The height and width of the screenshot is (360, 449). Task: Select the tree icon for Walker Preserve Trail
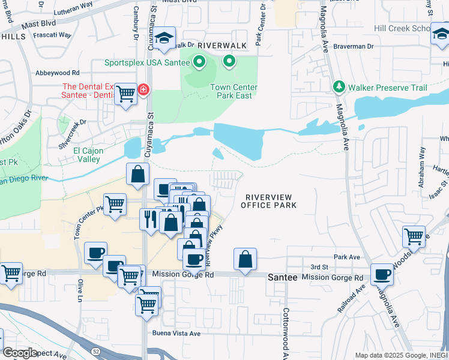tap(339, 88)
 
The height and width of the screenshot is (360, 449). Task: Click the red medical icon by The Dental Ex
tap(143, 91)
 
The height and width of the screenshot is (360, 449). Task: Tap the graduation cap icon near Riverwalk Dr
tap(164, 38)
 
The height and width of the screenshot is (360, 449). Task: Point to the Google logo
tap(20, 353)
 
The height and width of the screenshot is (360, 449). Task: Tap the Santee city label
tap(283, 278)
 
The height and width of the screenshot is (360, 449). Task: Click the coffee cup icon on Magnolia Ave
tap(382, 275)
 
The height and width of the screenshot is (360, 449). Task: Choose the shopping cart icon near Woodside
tap(414, 236)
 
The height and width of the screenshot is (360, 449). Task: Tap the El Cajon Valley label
tap(86, 155)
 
